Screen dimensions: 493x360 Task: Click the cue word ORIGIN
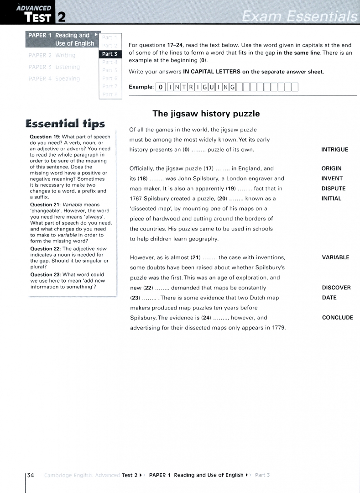point(331,168)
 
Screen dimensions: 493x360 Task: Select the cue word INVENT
point(332,178)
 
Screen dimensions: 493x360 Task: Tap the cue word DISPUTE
point(333,189)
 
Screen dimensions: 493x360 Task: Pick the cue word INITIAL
point(331,199)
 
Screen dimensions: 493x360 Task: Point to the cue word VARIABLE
point(335,257)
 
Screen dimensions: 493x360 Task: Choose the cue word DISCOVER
point(336,288)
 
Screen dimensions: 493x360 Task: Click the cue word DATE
point(329,298)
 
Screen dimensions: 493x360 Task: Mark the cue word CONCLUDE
point(337,318)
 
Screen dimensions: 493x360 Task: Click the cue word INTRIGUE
point(334,149)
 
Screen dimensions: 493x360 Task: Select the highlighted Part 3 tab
point(110,54)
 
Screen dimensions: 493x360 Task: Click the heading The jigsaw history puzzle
point(206,114)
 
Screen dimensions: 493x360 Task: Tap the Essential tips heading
point(65,124)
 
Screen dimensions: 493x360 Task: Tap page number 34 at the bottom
point(31,475)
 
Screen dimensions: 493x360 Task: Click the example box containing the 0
point(161,87)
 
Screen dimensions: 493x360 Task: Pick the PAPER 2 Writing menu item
point(52,55)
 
